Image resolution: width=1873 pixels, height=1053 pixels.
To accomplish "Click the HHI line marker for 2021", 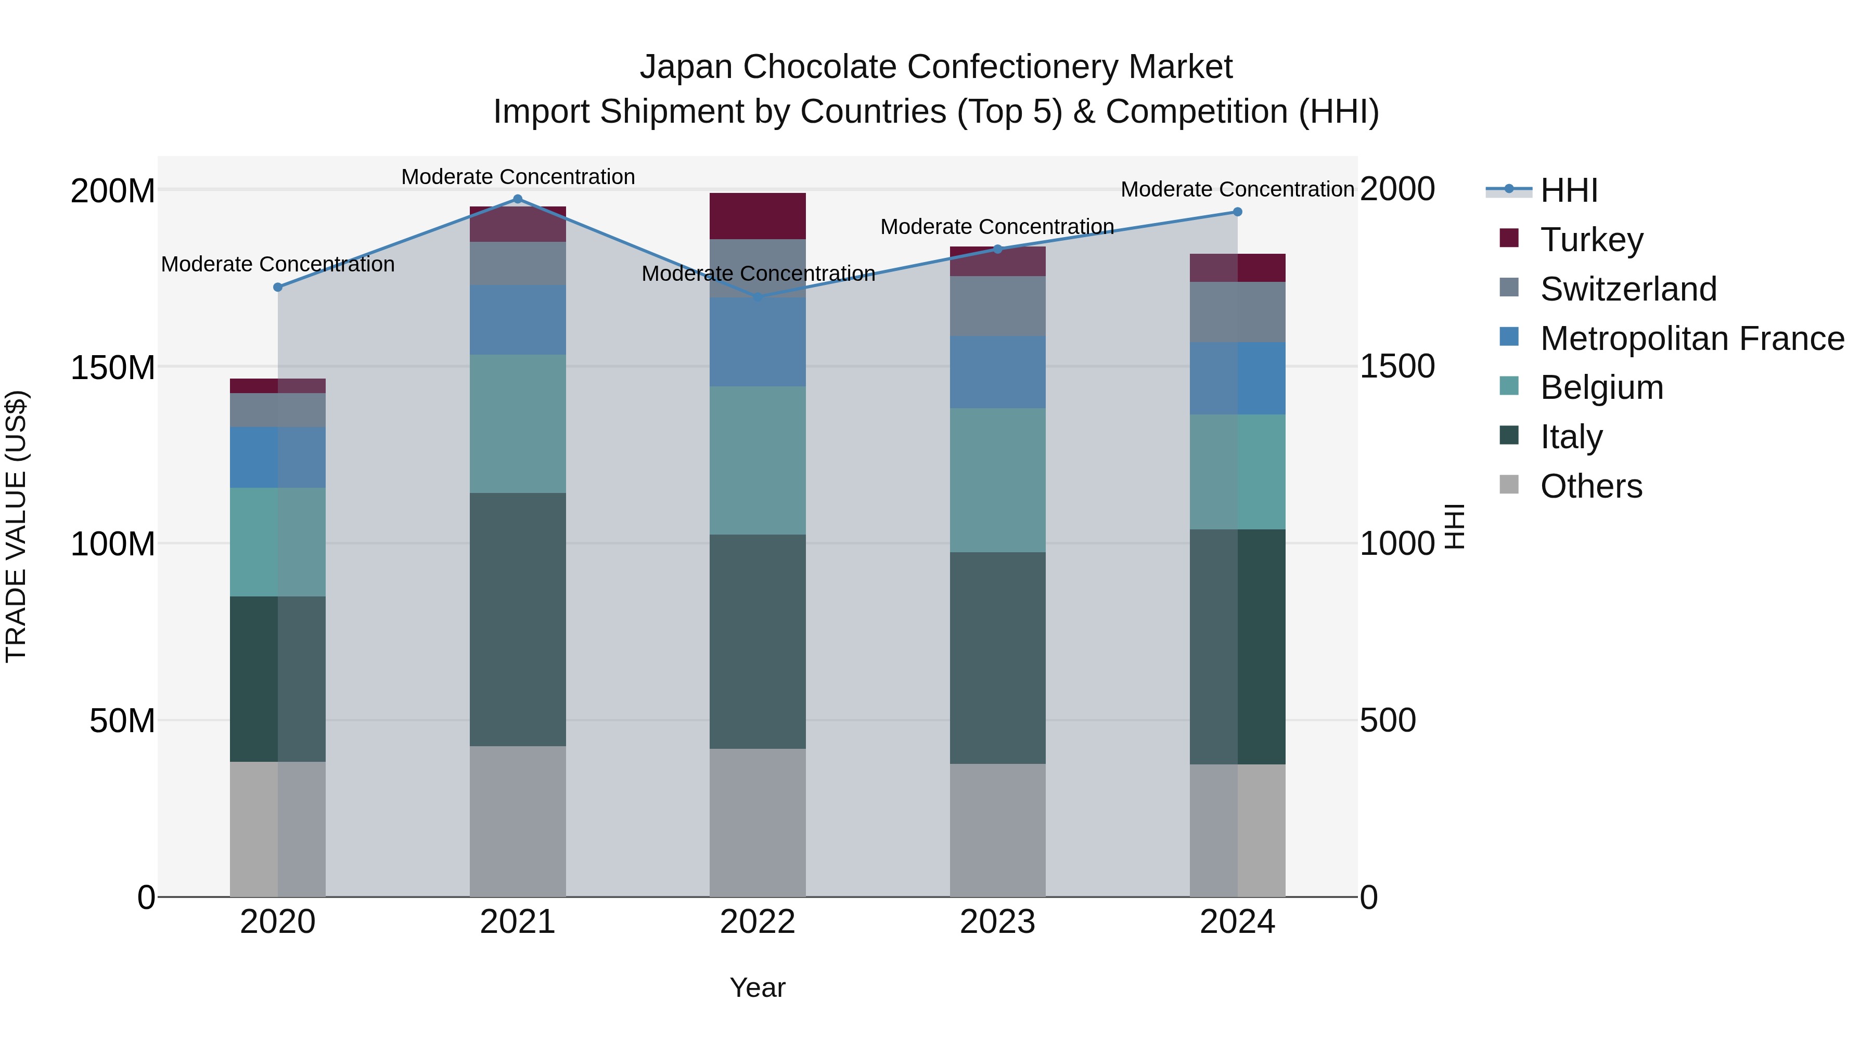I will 518,199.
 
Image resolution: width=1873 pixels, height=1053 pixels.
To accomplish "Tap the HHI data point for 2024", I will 1238,212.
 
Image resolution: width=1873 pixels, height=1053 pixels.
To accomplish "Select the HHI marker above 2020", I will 278,287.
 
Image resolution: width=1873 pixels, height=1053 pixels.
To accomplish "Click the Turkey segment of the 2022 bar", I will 758,216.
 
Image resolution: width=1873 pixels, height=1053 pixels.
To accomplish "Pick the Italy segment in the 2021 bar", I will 518,619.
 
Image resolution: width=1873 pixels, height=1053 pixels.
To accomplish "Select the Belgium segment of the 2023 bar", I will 997,479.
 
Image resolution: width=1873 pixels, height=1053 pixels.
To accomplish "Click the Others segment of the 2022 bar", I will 758,823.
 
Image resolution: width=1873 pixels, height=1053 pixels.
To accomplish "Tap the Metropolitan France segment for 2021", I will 518,320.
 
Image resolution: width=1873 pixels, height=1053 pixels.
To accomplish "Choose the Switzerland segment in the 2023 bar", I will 997,306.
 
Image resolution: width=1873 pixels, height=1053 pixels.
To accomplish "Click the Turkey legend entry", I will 1591,239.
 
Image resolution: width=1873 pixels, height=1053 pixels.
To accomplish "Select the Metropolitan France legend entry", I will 1691,338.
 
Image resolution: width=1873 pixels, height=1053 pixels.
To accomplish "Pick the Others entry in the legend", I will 1591,486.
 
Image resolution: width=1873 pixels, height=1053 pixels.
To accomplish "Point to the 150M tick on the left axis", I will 113,367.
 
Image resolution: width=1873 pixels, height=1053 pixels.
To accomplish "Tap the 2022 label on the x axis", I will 758,922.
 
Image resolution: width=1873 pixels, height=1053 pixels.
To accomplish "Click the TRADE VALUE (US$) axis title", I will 16,526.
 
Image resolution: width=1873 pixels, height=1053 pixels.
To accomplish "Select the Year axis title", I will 758,987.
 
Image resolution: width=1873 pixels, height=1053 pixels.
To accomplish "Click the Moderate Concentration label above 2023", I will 997,227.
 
